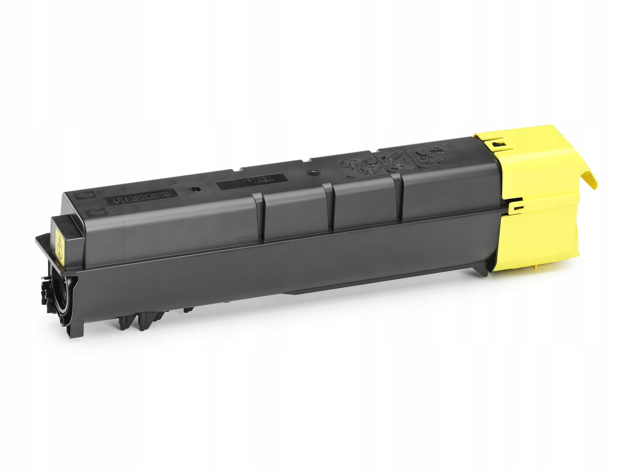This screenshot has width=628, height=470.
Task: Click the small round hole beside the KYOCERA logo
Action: point(194,189)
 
